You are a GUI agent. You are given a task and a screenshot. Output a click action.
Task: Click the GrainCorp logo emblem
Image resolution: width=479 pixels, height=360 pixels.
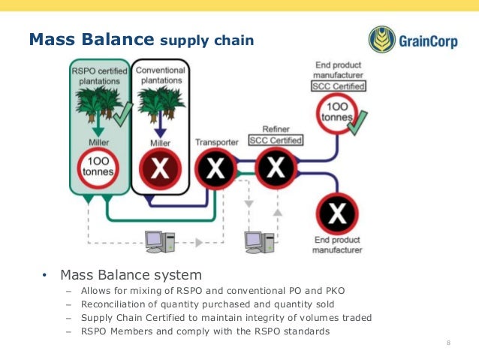[382, 40]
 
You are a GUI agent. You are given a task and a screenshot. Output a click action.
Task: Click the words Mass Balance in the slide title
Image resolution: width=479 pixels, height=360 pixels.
[89, 38]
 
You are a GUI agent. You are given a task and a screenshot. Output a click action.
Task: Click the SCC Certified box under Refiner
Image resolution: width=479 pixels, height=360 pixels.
[276, 140]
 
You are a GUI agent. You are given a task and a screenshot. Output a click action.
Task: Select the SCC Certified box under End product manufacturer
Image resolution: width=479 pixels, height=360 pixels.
[339, 87]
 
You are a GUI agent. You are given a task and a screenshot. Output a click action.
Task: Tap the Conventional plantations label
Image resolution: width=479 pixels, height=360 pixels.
[160, 76]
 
